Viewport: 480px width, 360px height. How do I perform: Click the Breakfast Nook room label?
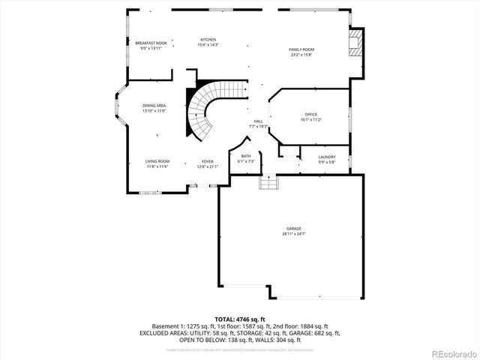click(151, 44)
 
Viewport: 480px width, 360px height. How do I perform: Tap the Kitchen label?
click(208, 39)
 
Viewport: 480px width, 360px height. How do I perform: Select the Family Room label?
click(301, 49)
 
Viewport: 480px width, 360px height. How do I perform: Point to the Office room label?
click(311, 114)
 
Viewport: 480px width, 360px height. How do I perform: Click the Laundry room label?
click(327, 157)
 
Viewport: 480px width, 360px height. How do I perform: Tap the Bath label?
click(246, 156)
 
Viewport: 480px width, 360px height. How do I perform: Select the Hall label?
click(258, 121)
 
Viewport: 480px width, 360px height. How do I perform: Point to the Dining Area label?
click(154, 106)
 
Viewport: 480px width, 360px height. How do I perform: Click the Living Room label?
click(157, 161)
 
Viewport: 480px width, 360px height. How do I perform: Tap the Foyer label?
click(207, 161)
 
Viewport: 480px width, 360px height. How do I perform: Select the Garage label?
click(293, 229)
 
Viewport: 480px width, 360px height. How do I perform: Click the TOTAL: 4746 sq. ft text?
click(240, 319)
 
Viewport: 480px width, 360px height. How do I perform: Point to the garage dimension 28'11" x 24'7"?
click(293, 234)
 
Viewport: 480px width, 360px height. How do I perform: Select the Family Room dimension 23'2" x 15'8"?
click(301, 55)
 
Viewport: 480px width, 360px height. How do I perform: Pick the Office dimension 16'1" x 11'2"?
click(311, 119)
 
